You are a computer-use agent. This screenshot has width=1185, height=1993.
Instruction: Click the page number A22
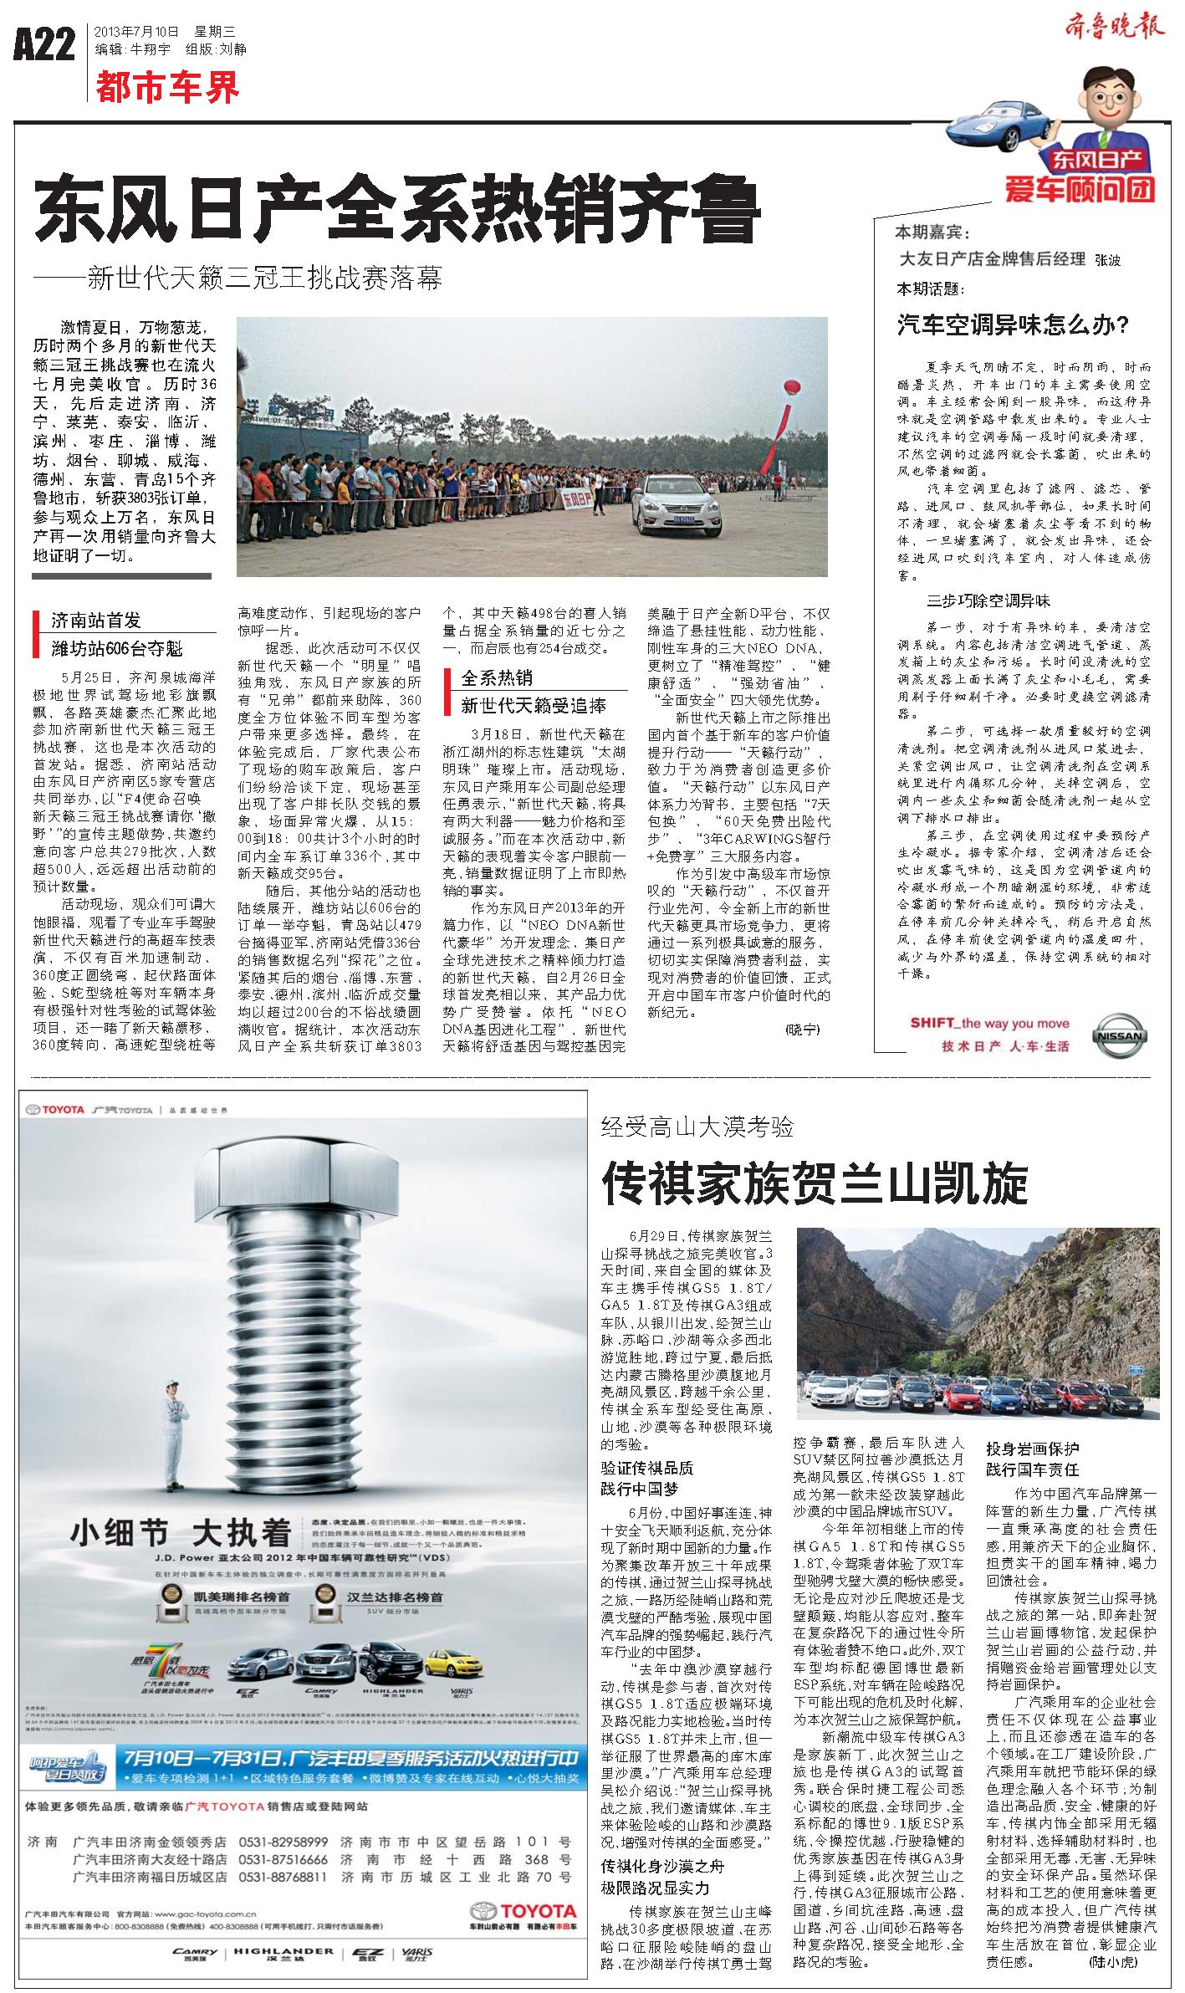tap(44, 43)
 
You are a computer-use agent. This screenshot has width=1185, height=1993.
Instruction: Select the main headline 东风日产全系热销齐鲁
tap(397, 211)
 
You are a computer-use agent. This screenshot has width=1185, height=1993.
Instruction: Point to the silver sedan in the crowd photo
tap(674, 505)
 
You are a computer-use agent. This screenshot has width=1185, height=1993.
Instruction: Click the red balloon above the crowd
tap(791, 386)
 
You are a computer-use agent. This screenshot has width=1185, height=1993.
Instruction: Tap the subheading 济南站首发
tap(96, 621)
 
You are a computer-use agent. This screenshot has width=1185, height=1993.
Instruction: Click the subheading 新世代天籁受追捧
tap(534, 705)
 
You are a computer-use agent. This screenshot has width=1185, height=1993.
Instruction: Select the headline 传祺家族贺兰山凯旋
tap(815, 1182)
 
